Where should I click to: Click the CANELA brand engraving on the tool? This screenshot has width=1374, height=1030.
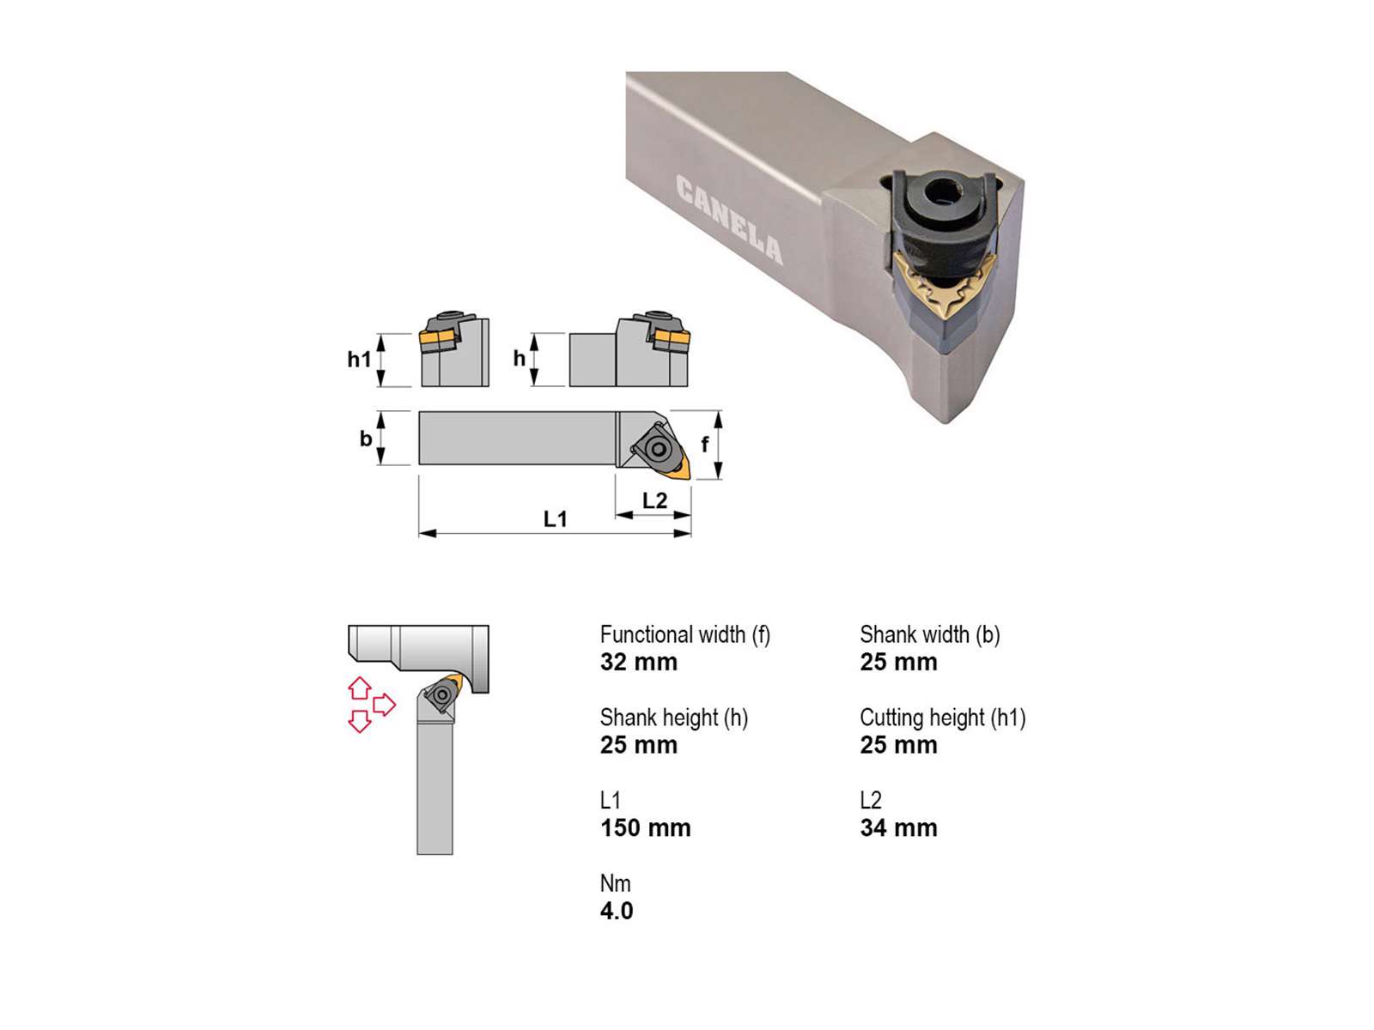[729, 220]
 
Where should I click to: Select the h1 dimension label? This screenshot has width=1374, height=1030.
[359, 359]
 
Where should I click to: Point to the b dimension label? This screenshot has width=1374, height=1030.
[366, 439]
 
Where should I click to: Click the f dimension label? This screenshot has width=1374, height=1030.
[705, 444]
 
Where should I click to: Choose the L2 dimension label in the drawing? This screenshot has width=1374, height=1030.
[654, 500]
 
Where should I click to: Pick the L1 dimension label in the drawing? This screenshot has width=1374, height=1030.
[556, 518]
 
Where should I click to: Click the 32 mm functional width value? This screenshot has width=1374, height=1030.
[639, 662]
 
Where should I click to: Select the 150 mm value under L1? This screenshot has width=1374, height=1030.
[646, 827]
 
